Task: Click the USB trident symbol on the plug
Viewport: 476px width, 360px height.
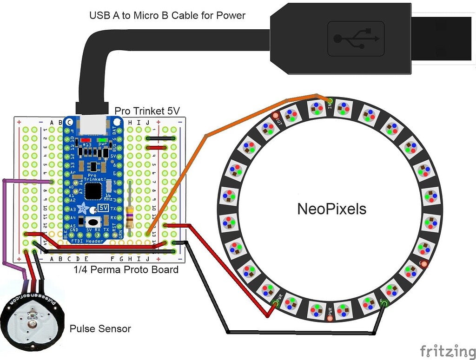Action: [x=356, y=38]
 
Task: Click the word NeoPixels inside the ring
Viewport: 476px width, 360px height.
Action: [x=331, y=209]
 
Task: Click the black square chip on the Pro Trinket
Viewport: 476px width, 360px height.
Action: [x=93, y=190]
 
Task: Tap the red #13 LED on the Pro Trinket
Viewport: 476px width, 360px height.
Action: [x=85, y=140]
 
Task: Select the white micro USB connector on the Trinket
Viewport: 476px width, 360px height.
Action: [x=93, y=124]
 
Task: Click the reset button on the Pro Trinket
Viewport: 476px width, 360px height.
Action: [x=94, y=222]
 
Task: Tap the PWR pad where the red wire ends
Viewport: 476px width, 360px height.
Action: [x=274, y=305]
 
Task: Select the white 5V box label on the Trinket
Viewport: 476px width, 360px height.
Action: [x=105, y=209]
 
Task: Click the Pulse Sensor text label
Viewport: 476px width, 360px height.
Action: [x=100, y=329]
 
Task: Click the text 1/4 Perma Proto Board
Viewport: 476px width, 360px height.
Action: [x=126, y=269]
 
